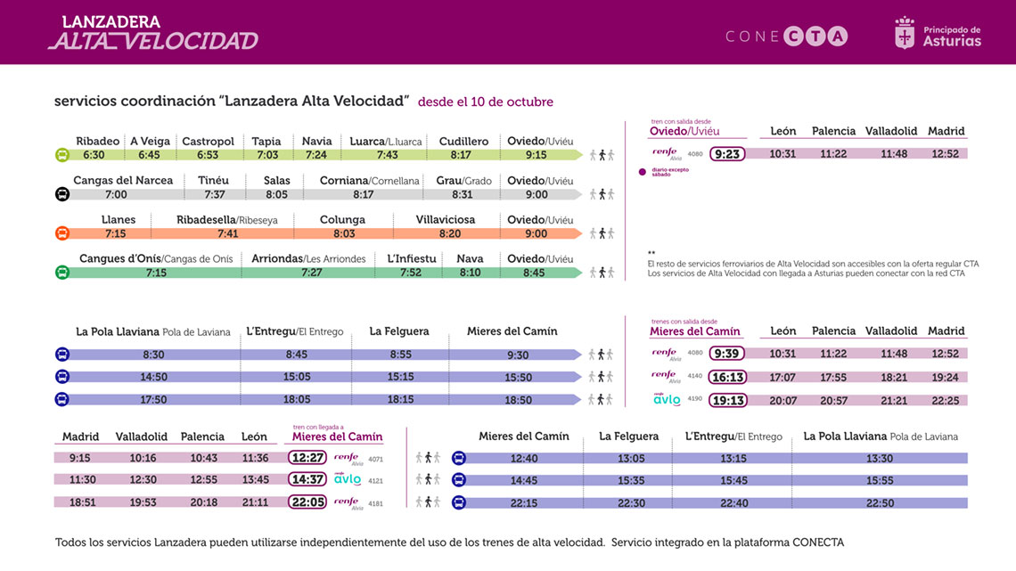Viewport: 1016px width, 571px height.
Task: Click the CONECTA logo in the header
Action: tap(786, 37)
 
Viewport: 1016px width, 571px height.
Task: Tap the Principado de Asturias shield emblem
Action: tap(905, 34)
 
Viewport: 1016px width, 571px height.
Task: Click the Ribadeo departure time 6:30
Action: tap(94, 155)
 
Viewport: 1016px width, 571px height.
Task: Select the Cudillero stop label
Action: tap(463, 142)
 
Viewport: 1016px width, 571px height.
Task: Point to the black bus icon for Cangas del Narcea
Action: tap(62, 194)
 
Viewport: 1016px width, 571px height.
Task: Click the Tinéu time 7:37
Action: tap(214, 194)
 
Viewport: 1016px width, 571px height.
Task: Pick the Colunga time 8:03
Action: tap(343, 233)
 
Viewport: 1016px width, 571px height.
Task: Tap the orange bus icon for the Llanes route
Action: tap(62, 233)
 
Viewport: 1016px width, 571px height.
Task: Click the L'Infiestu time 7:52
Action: tap(411, 273)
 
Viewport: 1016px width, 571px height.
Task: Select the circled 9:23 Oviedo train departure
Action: tap(728, 154)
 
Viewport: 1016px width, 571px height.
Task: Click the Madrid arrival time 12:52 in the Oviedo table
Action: tap(945, 154)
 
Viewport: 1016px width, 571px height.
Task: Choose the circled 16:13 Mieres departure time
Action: tap(728, 377)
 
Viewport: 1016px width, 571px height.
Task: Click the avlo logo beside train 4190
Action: tap(666, 400)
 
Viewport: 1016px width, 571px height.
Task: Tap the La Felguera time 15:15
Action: tap(401, 377)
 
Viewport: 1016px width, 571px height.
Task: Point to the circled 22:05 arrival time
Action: tap(307, 502)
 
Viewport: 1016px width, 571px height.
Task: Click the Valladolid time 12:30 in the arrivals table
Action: tap(143, 480)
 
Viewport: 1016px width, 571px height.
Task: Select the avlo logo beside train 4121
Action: tap(348, 479)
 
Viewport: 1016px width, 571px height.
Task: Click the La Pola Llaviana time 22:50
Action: tap(879, 503)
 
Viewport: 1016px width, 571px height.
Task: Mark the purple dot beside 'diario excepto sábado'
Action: tap(642, 171)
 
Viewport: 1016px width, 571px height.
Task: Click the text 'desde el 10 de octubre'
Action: tap(486, 102)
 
